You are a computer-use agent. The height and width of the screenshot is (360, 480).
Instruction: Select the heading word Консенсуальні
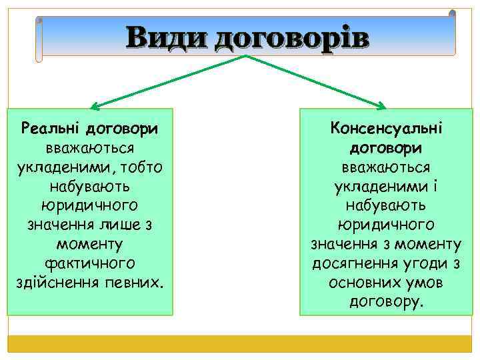pyautogui.click(x=386, y=126)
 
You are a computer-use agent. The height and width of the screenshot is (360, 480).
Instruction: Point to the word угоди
pyautogui.click(x=428, y=263)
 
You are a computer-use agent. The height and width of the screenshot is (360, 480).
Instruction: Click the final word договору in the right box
pyautogui.click(x=385, y=302)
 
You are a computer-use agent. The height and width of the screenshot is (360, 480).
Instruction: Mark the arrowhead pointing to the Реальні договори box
pyautogui.click(x=94, y=106)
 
